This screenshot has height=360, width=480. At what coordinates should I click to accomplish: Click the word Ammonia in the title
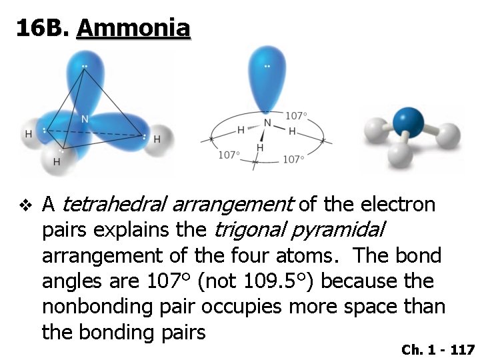coord(133,28)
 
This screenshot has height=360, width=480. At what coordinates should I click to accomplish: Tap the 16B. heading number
coord(43,28)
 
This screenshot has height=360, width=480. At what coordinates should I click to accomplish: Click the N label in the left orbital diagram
coord(85,119)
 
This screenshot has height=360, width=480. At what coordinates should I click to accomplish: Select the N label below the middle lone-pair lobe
coord(267,123)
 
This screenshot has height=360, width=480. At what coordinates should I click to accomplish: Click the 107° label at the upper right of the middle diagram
coord(296,115)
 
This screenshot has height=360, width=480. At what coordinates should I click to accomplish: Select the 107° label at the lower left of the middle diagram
coord(229,155)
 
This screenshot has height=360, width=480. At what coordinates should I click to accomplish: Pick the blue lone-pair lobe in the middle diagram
coord(267,73)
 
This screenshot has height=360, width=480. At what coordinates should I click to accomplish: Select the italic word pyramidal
coord(340,229)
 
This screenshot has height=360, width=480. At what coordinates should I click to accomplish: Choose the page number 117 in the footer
coord(461,349)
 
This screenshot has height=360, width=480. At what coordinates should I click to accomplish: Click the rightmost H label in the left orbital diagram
coord(157,139)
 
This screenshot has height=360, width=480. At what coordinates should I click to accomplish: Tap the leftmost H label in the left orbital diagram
coord(28,134)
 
